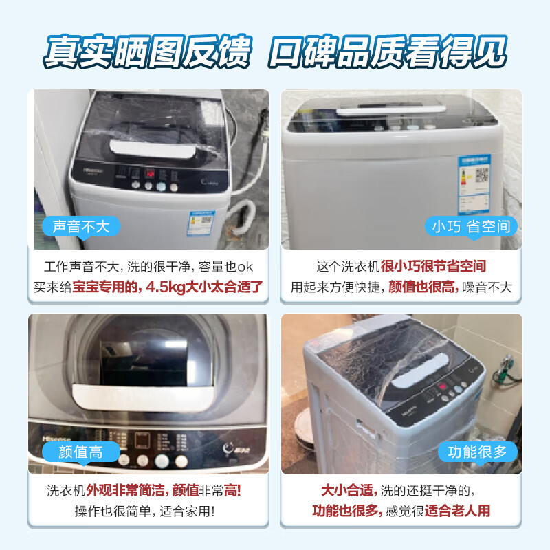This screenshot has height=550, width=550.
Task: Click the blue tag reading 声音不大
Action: (81, 226)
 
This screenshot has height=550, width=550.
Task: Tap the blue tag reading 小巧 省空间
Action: (471, 226)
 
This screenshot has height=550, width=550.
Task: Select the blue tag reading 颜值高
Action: (81, 452)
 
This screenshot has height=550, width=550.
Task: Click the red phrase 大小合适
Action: (348, 491)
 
